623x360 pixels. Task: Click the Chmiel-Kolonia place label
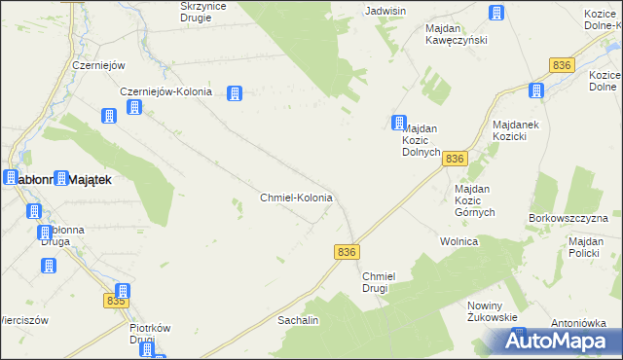[x=297, y=198]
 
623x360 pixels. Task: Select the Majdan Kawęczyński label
[x=456, y=34]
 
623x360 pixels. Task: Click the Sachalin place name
[x=299, y=319]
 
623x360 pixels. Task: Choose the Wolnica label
[x=458, y=240]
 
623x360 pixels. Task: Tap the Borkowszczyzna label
[x=568, y=218]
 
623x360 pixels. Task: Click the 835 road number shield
[x=116, y=302]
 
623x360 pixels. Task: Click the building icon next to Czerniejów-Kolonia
[x=235, y=93]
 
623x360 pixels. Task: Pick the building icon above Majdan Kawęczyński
[x=495, y=14]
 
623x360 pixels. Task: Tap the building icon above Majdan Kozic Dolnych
[x=399, y=124]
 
